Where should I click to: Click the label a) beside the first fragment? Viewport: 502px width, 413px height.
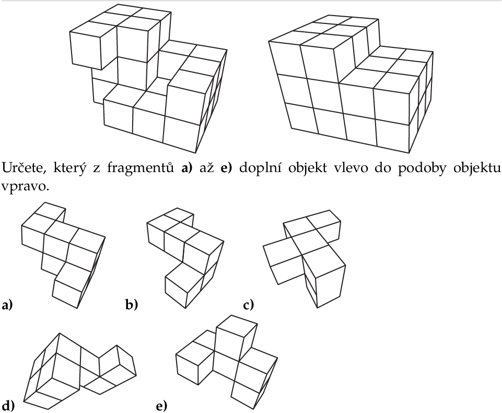coord(7,305)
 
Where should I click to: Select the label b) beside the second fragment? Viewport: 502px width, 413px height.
coord(132,305)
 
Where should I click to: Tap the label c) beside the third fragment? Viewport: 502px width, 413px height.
coord(248,305)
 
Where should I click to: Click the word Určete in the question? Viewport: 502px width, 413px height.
coord(24,168)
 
